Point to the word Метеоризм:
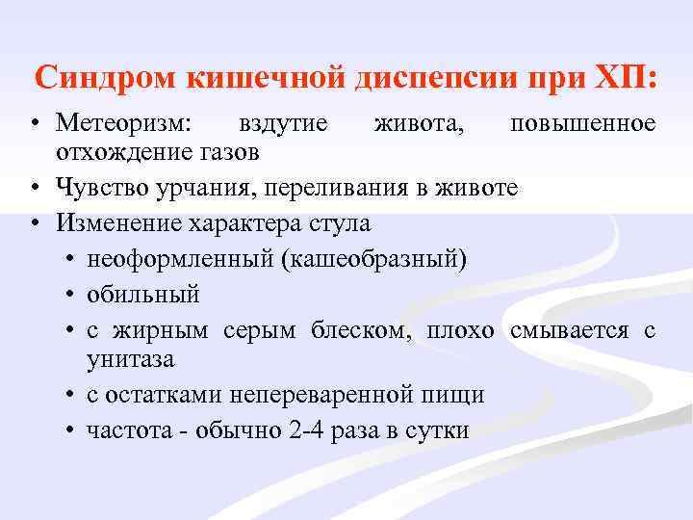(x=124, y=124)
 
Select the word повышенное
(x=583, y=124)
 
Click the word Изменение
(x=115, y=223)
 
